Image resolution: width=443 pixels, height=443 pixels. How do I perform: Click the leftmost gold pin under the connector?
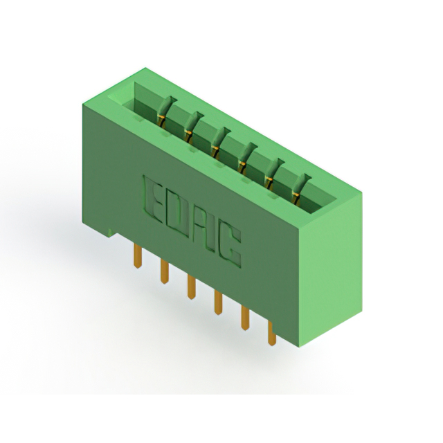[137, 256]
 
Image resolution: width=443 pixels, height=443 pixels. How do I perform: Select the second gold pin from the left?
[165, 272]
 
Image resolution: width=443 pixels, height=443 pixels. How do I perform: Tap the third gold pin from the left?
[191, 287]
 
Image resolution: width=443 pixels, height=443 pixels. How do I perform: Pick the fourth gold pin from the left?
[218, 302]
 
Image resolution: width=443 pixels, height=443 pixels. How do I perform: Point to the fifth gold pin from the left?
[245, 318]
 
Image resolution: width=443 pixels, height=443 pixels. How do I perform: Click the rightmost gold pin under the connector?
[271, 334]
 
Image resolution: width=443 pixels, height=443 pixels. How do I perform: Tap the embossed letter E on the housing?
[154, 199]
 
